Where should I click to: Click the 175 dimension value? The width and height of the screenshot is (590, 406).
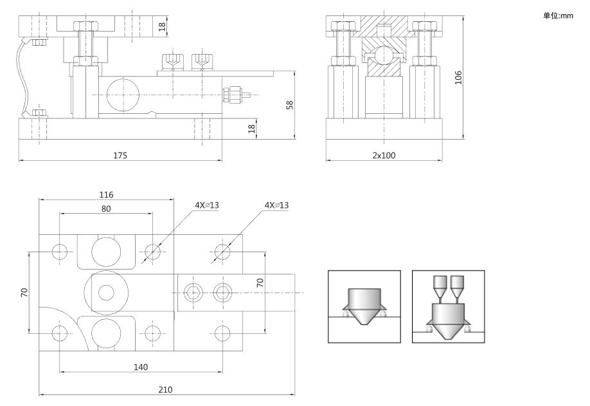pos(121,155)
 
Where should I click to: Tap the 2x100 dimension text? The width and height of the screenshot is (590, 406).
pos(384,155)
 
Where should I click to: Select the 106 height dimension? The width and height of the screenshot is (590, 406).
pos(458,77)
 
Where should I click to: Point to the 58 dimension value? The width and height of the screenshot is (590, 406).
pos(290,104)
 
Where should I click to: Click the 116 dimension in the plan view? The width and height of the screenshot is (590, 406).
pos(106,194)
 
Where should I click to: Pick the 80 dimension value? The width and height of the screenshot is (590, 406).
pos(106,208)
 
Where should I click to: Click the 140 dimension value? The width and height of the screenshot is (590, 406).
pos(141,367)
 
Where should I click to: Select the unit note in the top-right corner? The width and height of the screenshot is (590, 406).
pos(557,15)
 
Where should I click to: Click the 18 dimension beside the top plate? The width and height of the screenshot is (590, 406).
pos(162,26)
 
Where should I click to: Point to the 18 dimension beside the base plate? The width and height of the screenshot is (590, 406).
pos(252,128)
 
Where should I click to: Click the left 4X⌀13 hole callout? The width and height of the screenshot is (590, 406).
pos(207,205)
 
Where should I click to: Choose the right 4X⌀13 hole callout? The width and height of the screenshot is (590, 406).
pos(276,205)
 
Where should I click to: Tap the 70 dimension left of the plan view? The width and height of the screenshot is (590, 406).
pos(24,292)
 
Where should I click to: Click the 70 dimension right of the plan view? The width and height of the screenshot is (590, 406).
pos(260,282)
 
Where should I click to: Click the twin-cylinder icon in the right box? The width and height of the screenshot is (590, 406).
pos(449,307)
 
